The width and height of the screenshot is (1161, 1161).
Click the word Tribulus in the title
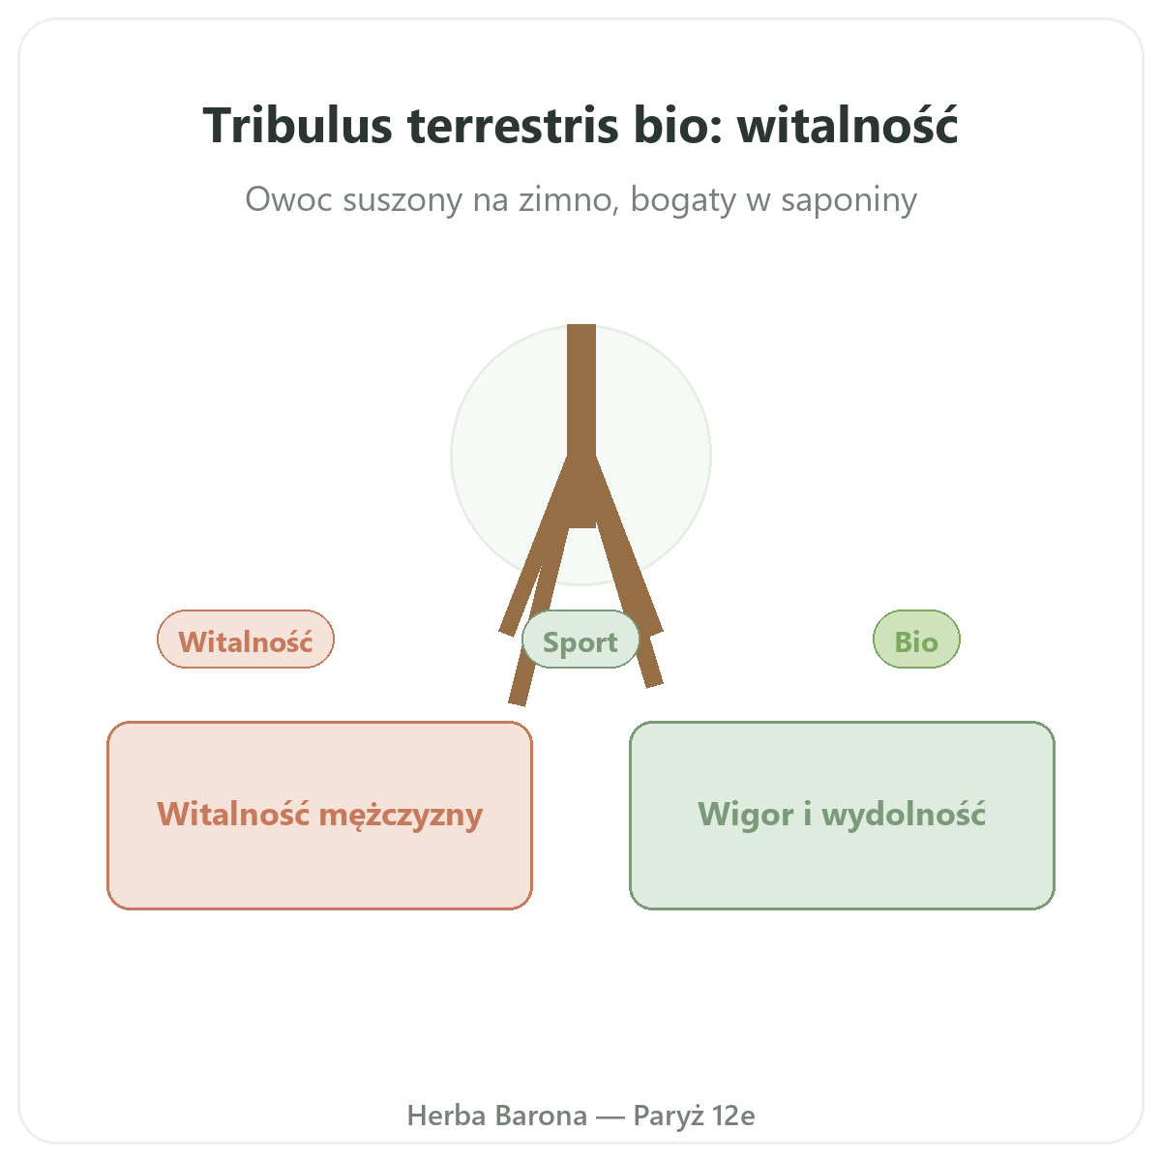(298, 126)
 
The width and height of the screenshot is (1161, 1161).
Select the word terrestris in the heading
(513, 127)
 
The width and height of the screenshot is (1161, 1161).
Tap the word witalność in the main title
(848, 126)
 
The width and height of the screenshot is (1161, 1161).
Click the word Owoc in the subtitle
(288, 199)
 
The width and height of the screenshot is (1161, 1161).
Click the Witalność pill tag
(246, 640)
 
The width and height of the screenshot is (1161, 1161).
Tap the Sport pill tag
(580, 640)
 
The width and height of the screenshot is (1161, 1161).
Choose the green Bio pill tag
(916, 640)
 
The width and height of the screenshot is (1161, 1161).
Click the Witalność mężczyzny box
(320, 816)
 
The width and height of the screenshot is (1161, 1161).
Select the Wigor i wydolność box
(842, 816)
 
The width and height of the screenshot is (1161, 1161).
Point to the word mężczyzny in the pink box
(401, 816)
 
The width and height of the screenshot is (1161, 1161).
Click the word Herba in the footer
(446, 1116)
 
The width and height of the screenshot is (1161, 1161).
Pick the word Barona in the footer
(542, 1116)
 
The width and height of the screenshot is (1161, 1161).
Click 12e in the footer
(733, 1116)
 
